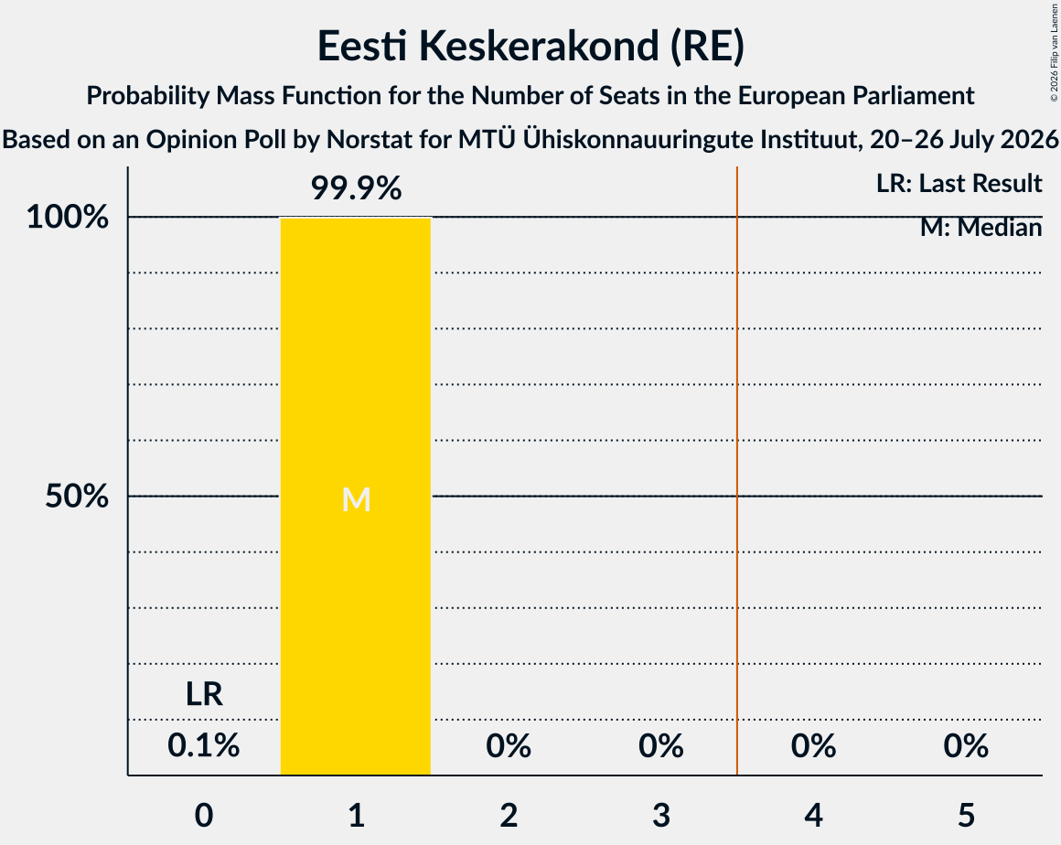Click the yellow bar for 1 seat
[356, 496]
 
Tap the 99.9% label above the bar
[356, 188]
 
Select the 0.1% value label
[204, 745]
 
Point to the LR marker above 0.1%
[204, 694]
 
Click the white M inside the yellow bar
[356, 500]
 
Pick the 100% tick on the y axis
[68, 217]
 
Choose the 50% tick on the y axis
[77, 496]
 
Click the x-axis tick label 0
[204, 815]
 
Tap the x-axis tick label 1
[357, 815]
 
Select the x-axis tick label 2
[509, 815]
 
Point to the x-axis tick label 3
[661, 815]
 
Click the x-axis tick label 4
[813, 815]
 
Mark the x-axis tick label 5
[966, 815]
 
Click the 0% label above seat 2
[509, 745]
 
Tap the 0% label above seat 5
[966, 745]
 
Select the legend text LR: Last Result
[959, 183]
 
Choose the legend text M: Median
[981, 228]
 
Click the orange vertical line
[737, 471]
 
